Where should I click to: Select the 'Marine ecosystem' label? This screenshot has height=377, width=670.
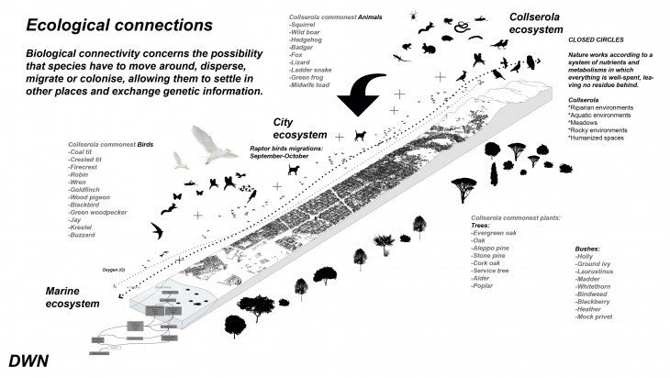pos(73,297)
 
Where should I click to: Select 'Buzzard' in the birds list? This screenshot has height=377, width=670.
pos(85,236)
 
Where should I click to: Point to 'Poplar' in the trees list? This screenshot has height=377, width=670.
pos(483,287)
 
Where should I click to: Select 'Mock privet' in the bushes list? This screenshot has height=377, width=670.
pos(591,316)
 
